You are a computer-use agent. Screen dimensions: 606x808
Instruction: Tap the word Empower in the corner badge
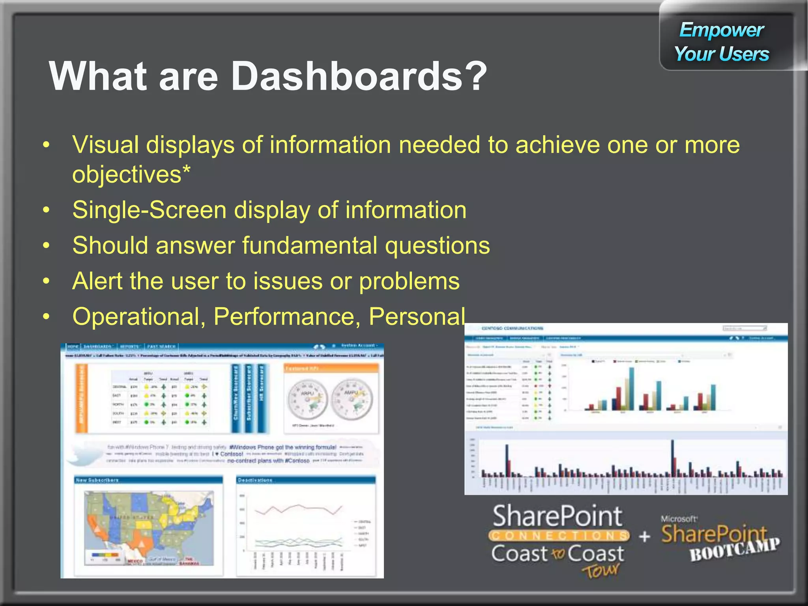point(721,30)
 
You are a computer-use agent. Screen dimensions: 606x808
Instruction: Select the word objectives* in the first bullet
point(131,174)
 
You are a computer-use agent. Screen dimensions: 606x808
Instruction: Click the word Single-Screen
point(149,210)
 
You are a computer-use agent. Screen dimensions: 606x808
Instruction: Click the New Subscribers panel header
point(148,480)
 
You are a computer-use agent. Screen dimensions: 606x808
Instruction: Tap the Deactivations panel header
point(306,480)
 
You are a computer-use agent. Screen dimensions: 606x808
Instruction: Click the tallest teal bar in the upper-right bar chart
point(632,389)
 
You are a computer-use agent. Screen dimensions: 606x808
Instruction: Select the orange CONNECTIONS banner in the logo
point(558,535)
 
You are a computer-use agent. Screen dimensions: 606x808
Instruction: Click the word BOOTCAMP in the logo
point(735,549)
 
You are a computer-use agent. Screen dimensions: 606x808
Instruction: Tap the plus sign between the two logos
point(644,536)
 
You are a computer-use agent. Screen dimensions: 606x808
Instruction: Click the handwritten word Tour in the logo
point(600,570)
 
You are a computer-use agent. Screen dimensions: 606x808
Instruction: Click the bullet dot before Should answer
point(47,246)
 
